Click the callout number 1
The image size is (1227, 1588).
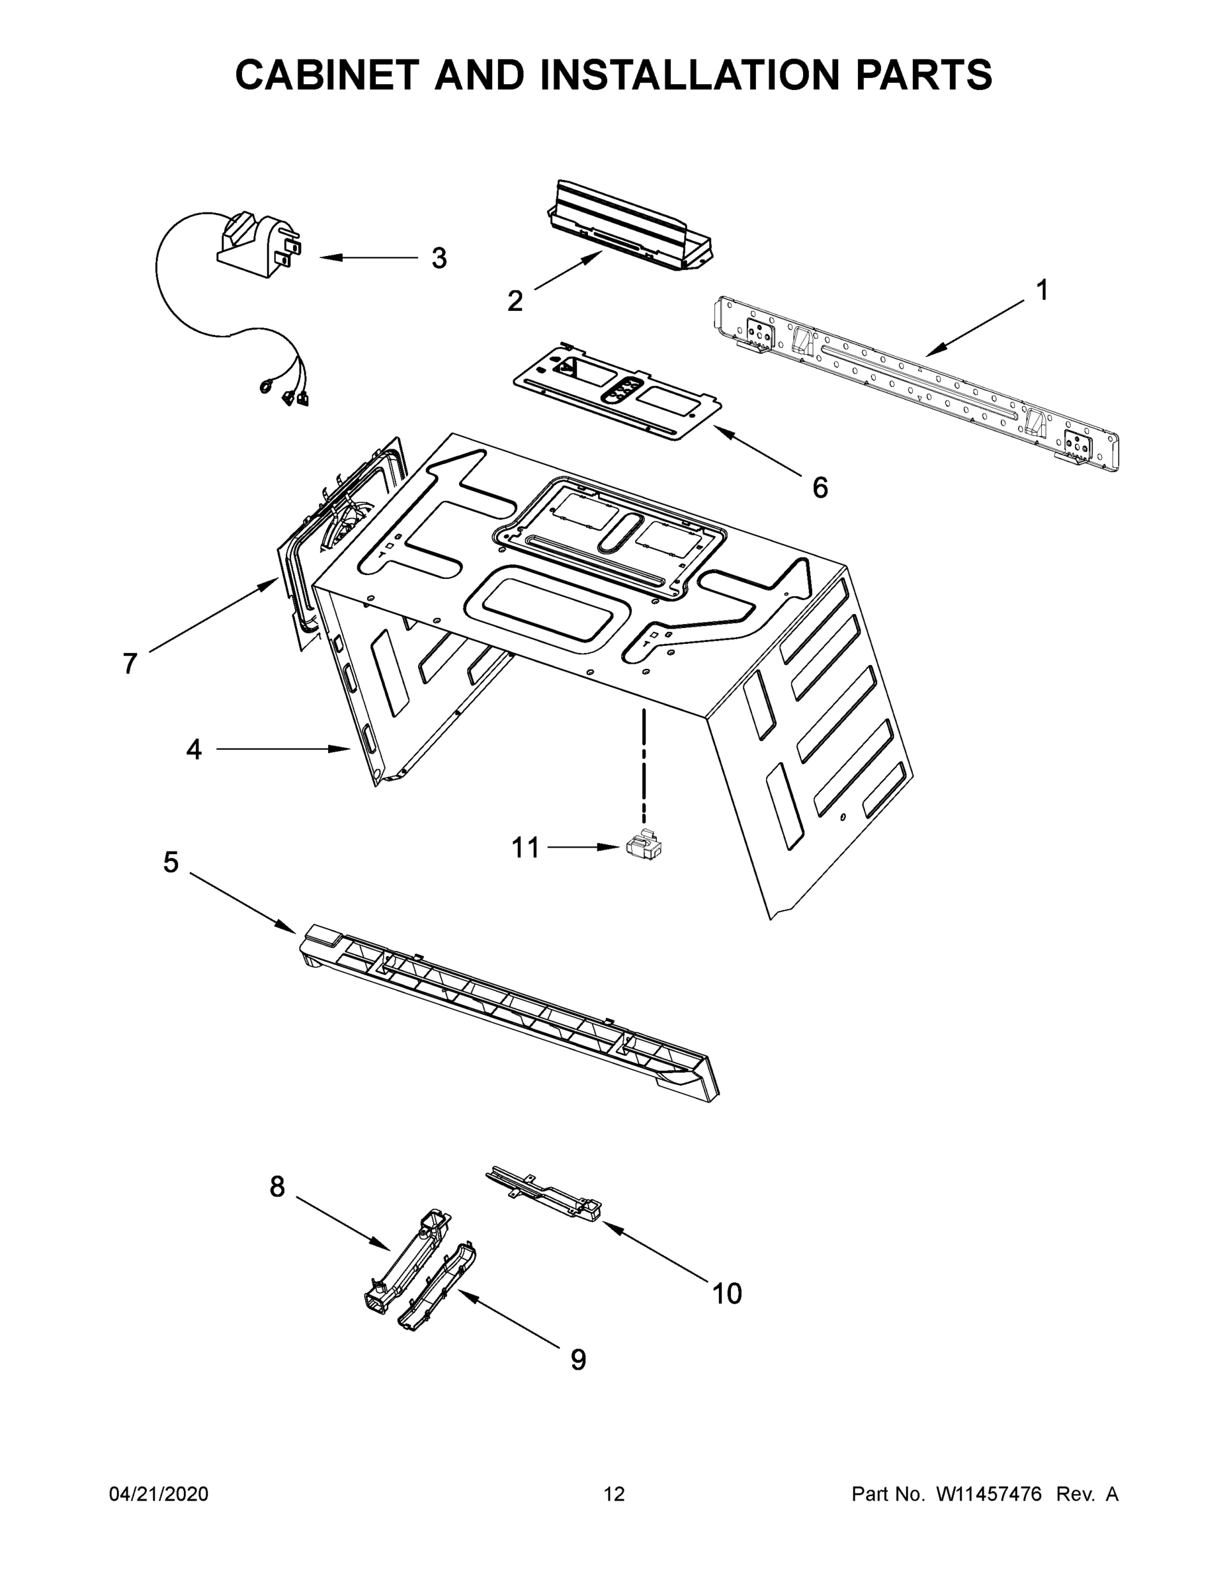pos(1042,292)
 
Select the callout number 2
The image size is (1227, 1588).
pos(515,301)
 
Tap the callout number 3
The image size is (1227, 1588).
pos(439,258)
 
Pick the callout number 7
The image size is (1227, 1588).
pos(130,663)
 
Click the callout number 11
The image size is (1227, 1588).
pos(526,848)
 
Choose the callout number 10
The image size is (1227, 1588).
pos(727,1294)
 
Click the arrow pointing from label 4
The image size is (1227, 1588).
pos(284,749)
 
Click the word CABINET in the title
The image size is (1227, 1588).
pos(327,75)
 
